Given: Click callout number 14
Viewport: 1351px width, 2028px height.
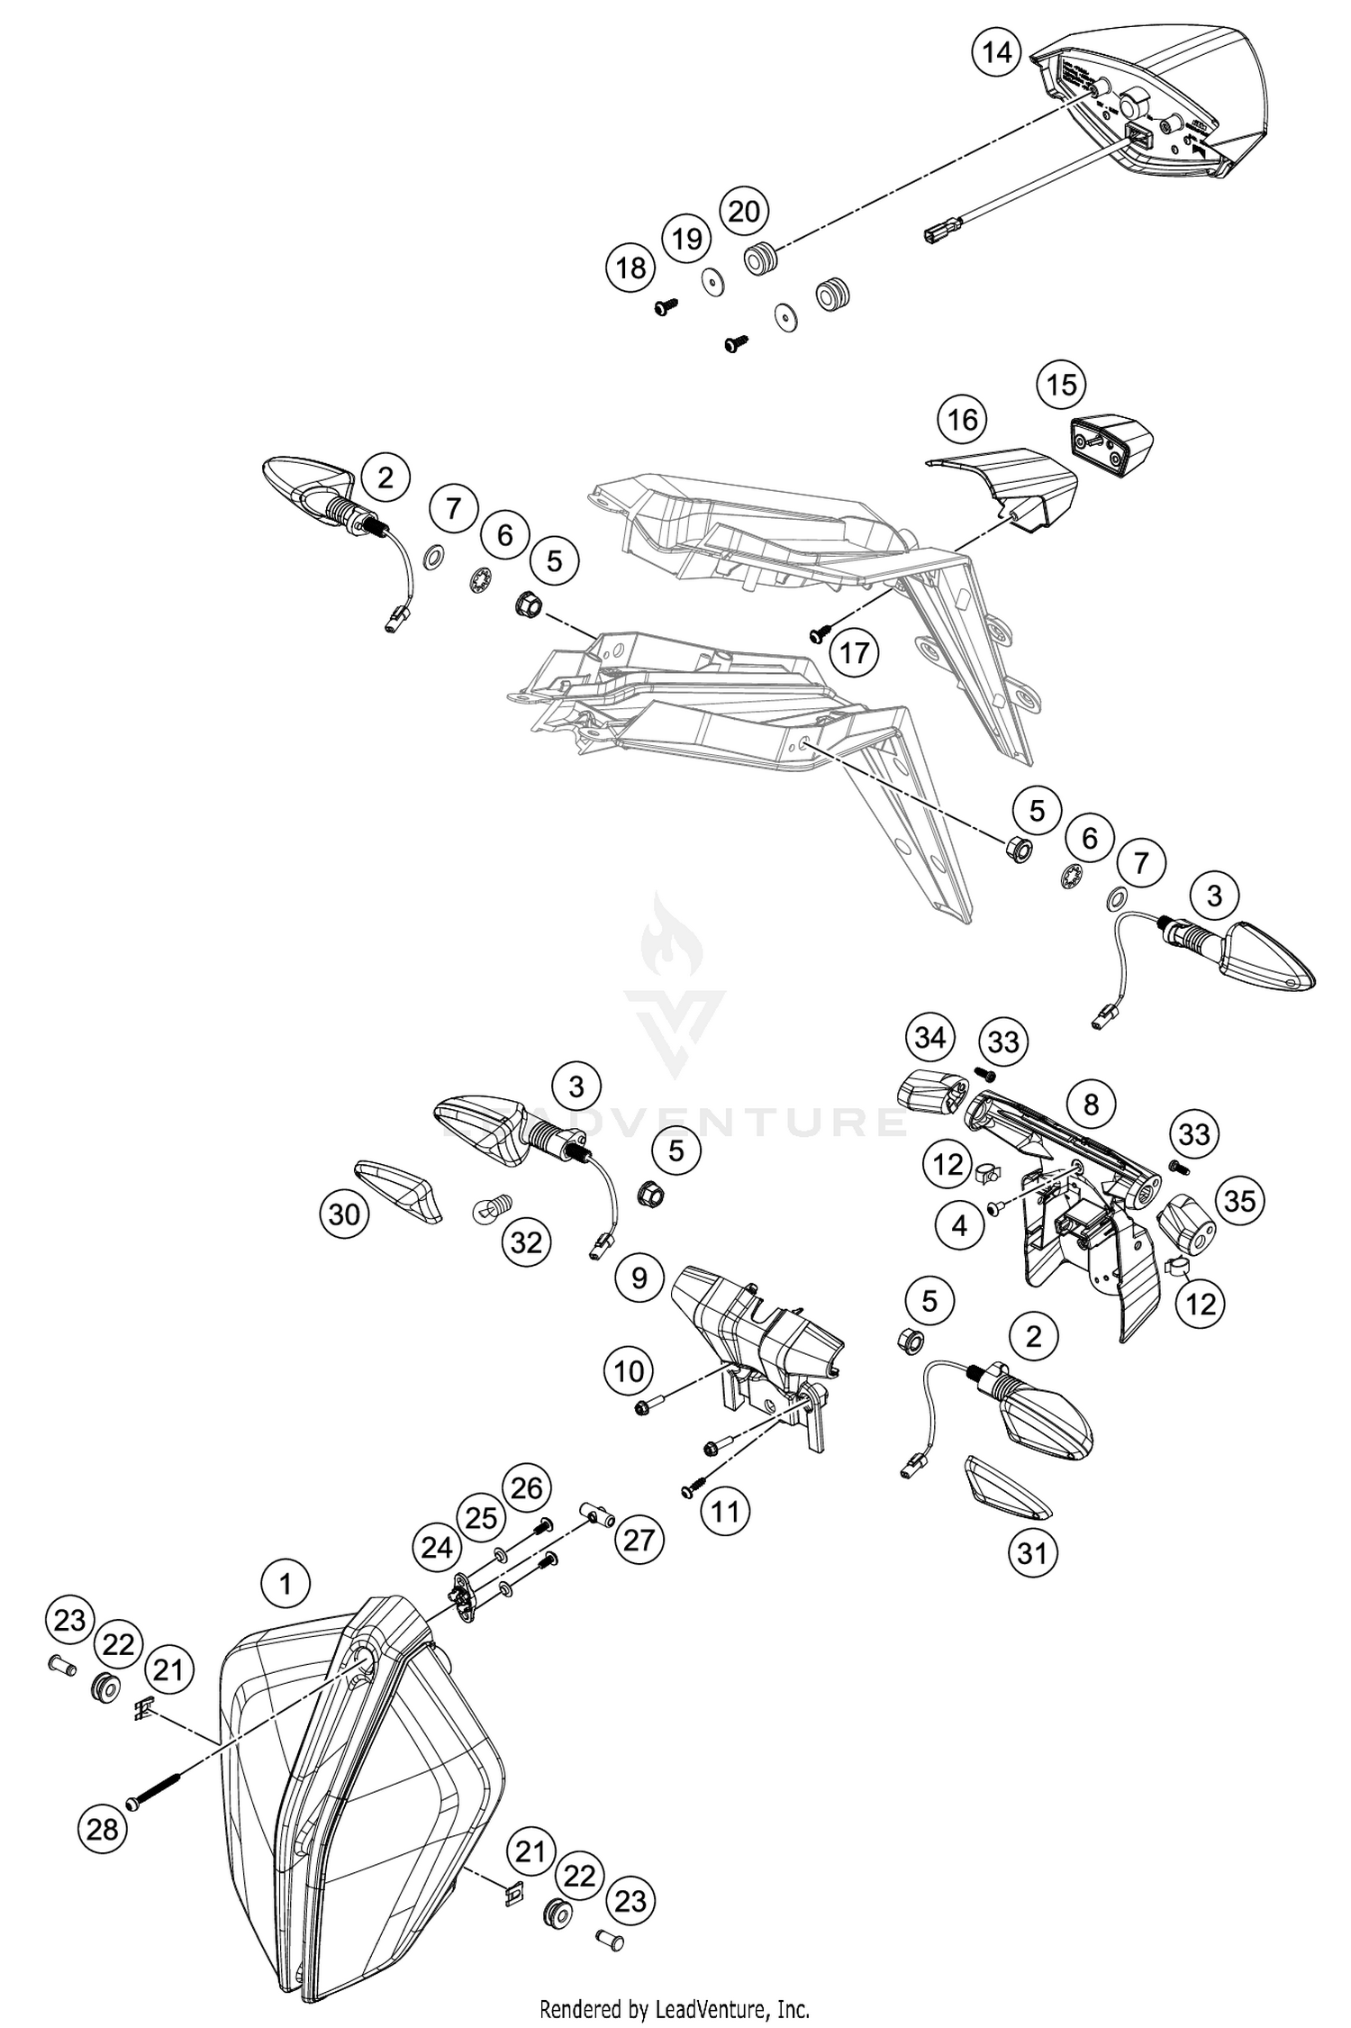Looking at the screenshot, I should (997, 52).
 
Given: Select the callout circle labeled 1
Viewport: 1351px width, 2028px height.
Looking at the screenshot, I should (286, 1584).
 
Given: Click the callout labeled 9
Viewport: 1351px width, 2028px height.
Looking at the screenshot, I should (639, 1278).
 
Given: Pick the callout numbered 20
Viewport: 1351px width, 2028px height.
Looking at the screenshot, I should (744, 212).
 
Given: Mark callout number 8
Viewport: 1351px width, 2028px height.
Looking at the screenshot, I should (1091, 1104).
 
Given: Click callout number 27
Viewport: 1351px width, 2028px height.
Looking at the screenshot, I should (639, 1539).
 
